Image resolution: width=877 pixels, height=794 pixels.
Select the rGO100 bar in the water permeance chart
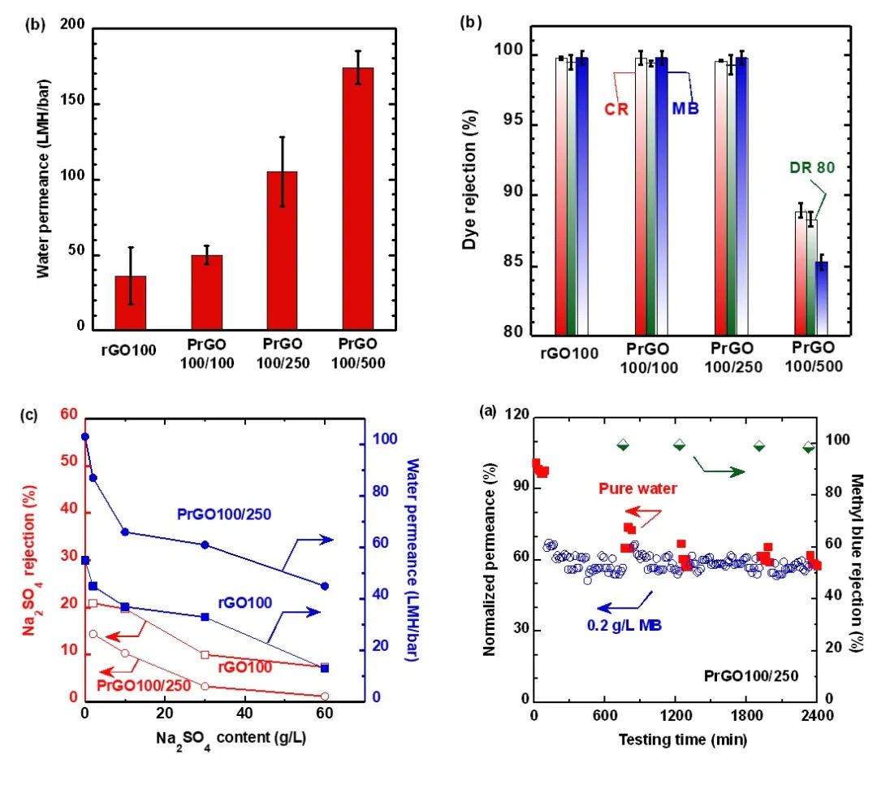coord(131,302)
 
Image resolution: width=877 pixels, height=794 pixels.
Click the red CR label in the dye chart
coord(616,109)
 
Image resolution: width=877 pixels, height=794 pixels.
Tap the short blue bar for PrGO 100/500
coord(822,298)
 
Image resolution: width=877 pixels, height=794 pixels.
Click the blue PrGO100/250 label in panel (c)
coord(224,514)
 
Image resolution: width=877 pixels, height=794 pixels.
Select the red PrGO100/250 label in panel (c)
coord(144,684)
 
